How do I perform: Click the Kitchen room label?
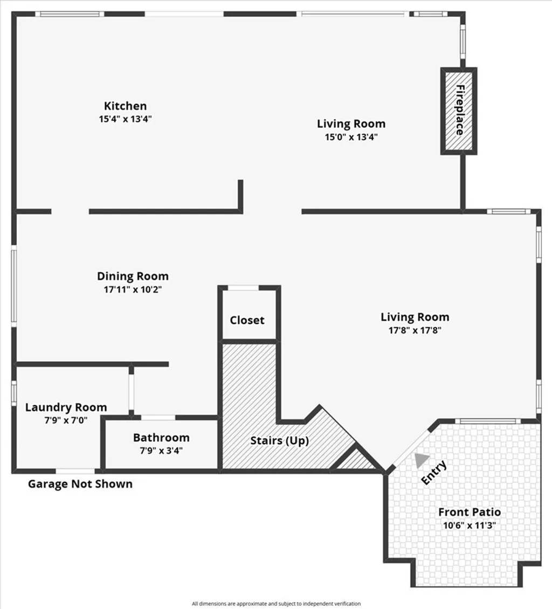[125, 106]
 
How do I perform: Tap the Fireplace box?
[459, 110]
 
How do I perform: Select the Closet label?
[247, 320]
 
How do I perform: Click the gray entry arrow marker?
[421, 459]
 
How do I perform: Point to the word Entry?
[434, 473]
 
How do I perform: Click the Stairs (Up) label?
[280, 440]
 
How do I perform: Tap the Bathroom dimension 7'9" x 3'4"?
[161, 451]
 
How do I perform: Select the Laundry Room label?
[66, 407]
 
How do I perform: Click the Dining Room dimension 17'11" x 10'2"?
[133, 289]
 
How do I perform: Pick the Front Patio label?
[469, 512]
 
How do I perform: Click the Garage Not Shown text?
[80, 484]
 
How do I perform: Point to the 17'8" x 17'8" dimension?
[415, 330]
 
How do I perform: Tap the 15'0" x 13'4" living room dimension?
[351, 137]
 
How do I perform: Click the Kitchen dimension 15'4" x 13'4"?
[125, 119]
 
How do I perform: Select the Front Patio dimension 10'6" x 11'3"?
[469, 524]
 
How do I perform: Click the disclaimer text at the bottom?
[276, 604]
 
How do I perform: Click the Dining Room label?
[133, 276]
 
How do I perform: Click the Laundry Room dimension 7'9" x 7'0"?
[66, 420]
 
